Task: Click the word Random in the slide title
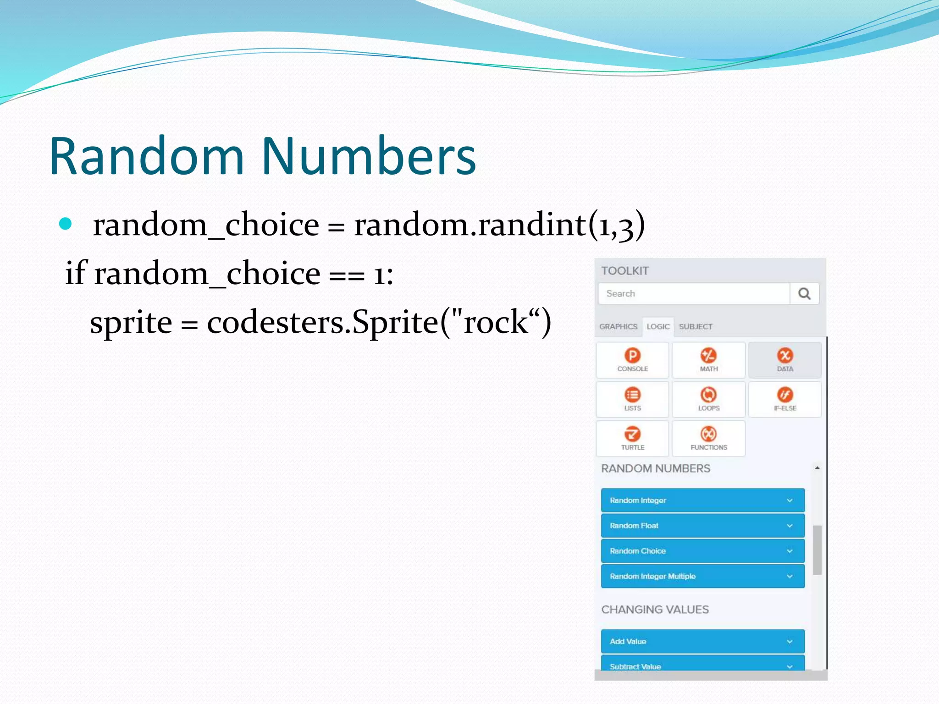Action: pyautogui.click(x=147, y=157)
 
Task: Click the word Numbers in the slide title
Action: pyautogui.click(x=369, y=157)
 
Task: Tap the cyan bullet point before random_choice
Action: pyautogui.click(x=66, y=224)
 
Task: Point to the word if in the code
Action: pyautogui.click(x=76, y=274)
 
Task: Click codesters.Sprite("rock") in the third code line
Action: pyautogui.click(x=379, y=322)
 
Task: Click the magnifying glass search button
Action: pyautogui.click(x=804, y=293)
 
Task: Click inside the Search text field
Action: pyautogui.click(x=693, y=293)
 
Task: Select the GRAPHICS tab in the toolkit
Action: pyautogui.click(x=618, y=327)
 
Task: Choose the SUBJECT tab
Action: pyautogui.click(x=696, y=327)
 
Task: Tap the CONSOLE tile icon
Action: pyautogui.click(x=632, y=356)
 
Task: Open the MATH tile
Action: pyautogui.click(x=708, y=360)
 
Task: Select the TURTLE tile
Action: pyautogui.click(x=632, y=439)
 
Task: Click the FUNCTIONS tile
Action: pyautogui.click(x=708, y=439)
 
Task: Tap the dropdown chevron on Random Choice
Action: pyautogui.click(x=790, y=551)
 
